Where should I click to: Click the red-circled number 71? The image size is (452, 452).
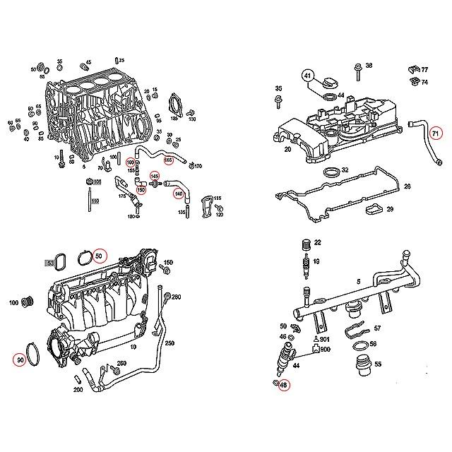tap(436, 133)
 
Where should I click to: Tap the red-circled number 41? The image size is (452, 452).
tap(307, 75)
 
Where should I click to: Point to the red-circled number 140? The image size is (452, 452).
tap(179, 194)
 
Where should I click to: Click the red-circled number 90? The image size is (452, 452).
tap(20, 360)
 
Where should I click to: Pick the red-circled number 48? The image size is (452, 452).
tap(283, 385)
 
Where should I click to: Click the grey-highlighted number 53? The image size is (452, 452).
tap(50, 263)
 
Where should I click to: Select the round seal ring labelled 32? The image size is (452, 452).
tap(330, 172)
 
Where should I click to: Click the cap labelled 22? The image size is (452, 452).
tap(306, 244)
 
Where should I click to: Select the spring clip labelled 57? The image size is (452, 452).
tap(359, 330)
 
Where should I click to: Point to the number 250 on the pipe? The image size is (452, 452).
tap(169, 343)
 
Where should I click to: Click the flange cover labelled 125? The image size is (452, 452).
tap(174, 105)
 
